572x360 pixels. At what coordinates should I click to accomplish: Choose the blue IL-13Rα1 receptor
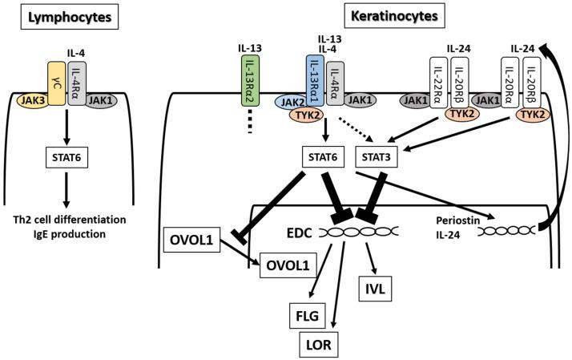tap(314, 83)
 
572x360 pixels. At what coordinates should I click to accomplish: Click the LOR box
tap(316, 344)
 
